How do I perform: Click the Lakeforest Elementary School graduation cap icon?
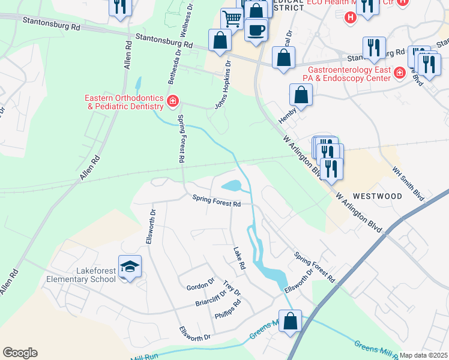[129, 266]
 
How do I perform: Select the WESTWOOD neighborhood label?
[377, 196]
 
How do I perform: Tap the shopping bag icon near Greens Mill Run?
[291, 320]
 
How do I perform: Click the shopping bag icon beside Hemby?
[301, 95]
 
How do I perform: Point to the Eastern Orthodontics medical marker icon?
[173, 101]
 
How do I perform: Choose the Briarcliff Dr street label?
[209, 298]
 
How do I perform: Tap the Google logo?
[20, 353]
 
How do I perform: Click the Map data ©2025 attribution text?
[423, 355]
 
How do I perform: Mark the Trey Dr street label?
[231, 289]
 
